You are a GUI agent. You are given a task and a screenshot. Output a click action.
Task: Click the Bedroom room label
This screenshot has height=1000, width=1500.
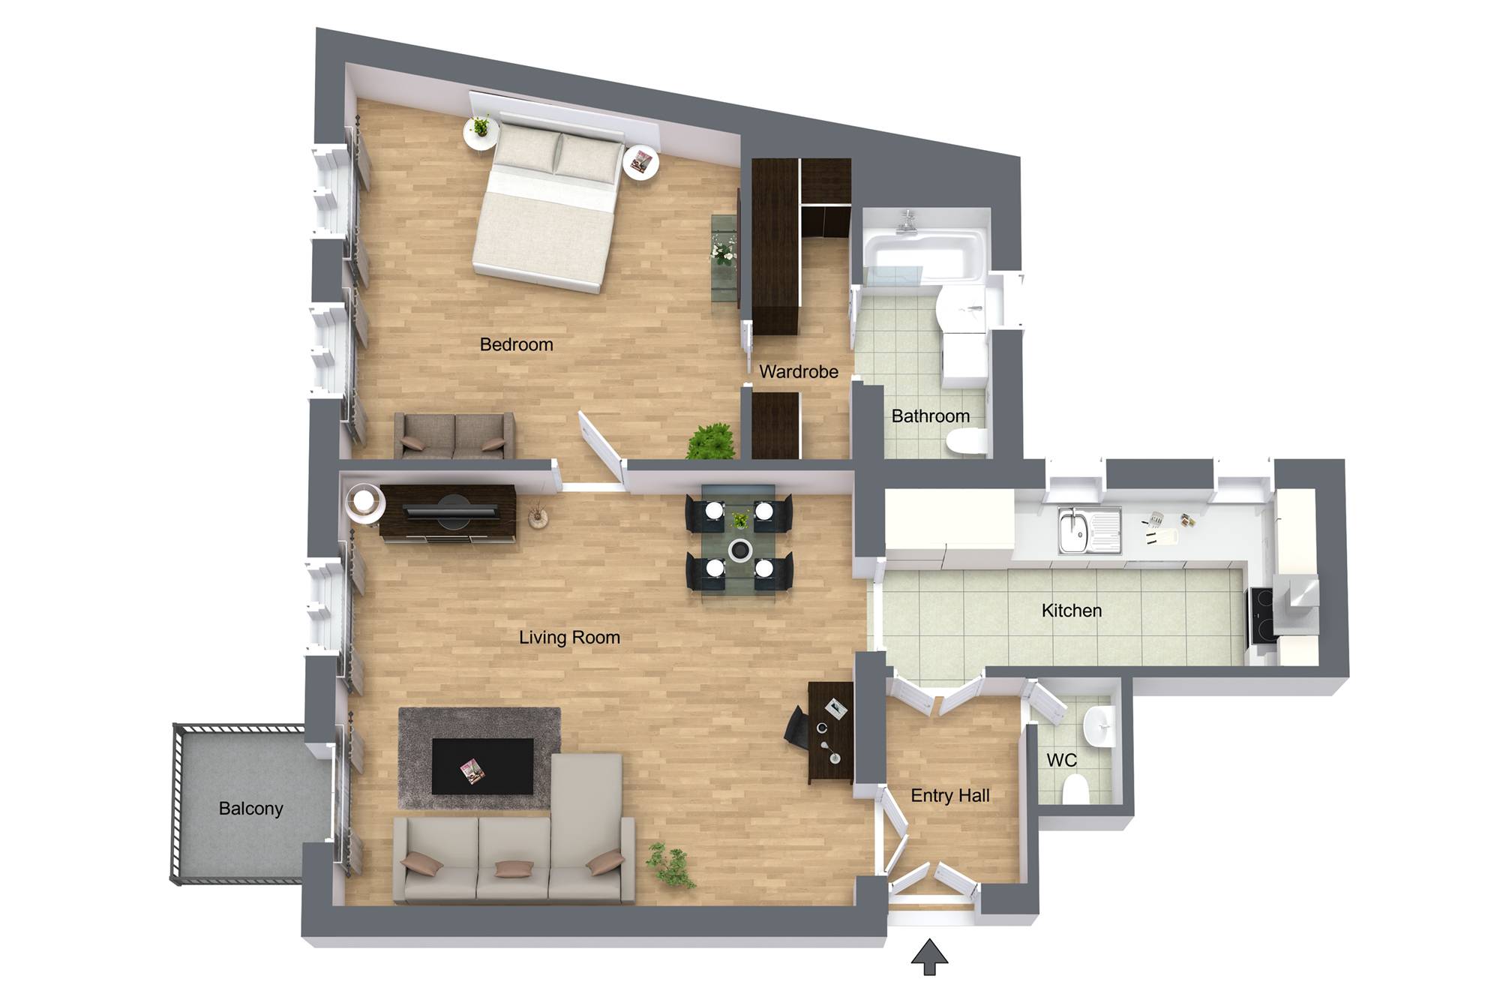[x=516, y=344]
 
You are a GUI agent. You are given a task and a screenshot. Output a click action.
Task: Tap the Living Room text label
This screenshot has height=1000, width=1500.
[x=569, y=638]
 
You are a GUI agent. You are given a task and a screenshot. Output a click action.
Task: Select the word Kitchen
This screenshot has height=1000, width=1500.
[x=1072, y=611]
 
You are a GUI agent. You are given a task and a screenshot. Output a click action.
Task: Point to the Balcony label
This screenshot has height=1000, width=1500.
[x=250, y=809]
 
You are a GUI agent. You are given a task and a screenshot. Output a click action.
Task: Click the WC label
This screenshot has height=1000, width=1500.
[x=1061, y=760]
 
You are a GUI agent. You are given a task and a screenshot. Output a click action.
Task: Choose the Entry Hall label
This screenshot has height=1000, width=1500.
[x=950, y=796]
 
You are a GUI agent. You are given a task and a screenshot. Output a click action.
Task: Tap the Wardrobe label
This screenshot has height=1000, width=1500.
[x=799, y=371]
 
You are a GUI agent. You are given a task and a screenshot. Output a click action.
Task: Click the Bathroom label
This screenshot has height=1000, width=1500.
[x=931, y=416]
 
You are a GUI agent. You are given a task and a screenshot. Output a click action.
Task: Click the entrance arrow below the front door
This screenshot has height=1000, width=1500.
[x=930, y=956]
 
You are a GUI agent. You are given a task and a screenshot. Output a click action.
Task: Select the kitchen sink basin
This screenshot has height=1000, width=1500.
[x=1073, y=530]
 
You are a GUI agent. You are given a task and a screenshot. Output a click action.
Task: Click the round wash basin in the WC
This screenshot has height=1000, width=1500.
[x=1099, y=726]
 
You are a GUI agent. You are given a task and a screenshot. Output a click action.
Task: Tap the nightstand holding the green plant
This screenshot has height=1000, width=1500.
[x=481, y=133]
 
